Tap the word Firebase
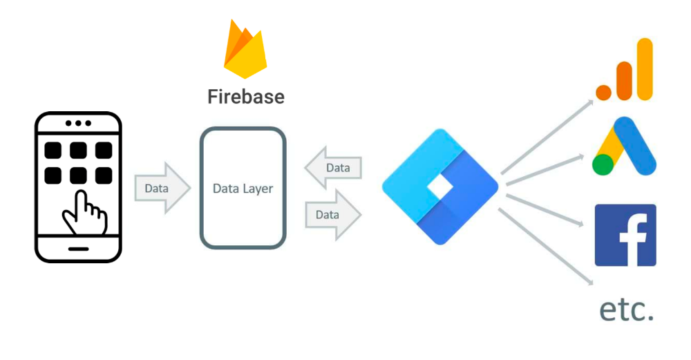click(246, 96)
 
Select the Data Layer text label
click(243, 188)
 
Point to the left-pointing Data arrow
click(333, 168)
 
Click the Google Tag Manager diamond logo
click(440, 187)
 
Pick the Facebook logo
click(625, 235)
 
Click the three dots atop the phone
click(78, 124)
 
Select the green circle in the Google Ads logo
click(603, 164)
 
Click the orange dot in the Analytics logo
click(605, 91)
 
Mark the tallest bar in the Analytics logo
click(645, 69)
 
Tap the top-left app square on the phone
click(53, 151)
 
